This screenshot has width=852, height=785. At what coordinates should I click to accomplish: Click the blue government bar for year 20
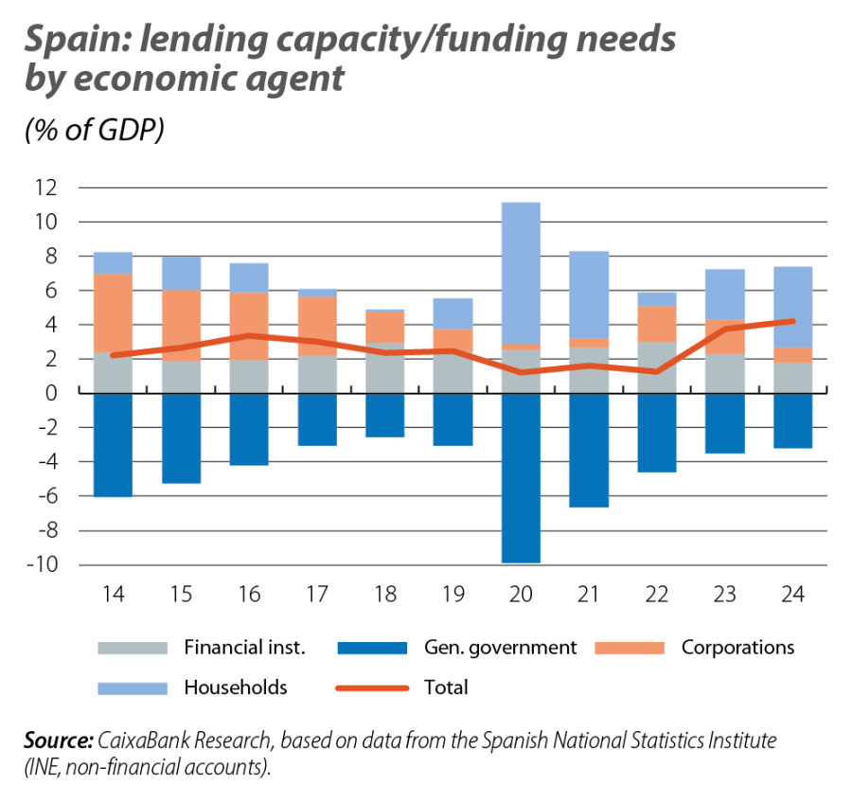521,478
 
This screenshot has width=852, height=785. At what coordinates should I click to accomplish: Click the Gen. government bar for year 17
317,419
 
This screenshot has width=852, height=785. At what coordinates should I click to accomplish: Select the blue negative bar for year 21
589,451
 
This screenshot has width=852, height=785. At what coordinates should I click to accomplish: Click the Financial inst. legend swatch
124,649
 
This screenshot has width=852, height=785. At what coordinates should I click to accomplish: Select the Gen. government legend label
500,649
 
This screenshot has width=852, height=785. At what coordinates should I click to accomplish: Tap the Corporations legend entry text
737,649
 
